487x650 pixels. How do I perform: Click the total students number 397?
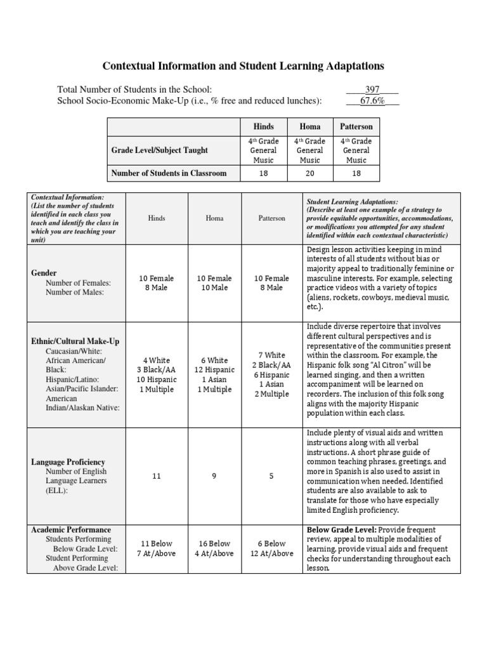point(372,90)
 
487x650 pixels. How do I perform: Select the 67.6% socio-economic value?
point(372,100)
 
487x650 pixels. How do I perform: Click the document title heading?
point(243,66)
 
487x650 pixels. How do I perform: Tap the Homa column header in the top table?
point(309,127)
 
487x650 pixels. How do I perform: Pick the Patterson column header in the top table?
point(356,127)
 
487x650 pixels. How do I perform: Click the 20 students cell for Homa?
point(309,173)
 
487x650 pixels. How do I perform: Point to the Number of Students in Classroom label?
point(169,173)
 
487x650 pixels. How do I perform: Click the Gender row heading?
point(44,272)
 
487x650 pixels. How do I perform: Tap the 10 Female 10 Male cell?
point(214,283)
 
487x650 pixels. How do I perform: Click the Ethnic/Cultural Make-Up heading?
point(75,341)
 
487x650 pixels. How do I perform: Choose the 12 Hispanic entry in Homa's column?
point(214,370)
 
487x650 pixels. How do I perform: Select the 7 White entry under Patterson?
point(271,355)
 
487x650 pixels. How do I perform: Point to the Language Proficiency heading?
point(68,462)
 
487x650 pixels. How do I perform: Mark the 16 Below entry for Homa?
point(214,543)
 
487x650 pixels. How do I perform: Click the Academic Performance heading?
point(71,529)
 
